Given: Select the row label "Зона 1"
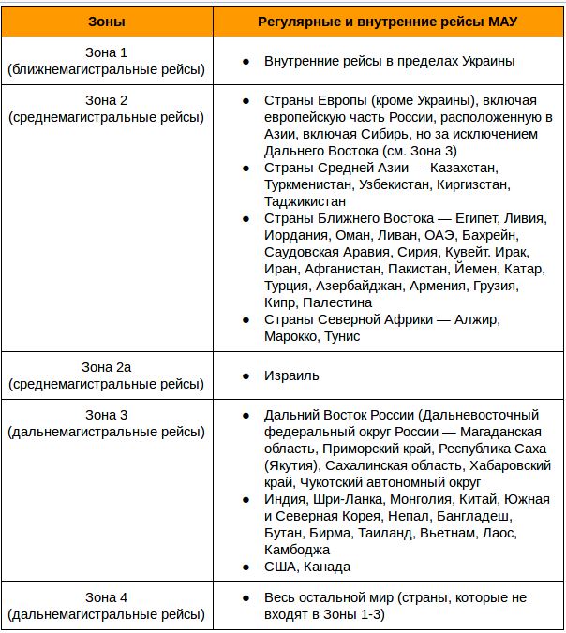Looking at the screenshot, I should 106,53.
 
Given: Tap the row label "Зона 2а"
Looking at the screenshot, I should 106,367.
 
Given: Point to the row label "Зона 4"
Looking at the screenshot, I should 106,597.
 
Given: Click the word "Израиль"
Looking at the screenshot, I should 292,375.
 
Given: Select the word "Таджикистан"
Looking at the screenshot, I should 305,201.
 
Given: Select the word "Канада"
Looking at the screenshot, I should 328,567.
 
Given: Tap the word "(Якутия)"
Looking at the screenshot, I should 293,465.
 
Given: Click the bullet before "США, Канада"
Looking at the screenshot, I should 246,567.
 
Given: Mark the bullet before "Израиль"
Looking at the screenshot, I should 246,375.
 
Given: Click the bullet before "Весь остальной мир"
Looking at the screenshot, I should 246,597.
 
